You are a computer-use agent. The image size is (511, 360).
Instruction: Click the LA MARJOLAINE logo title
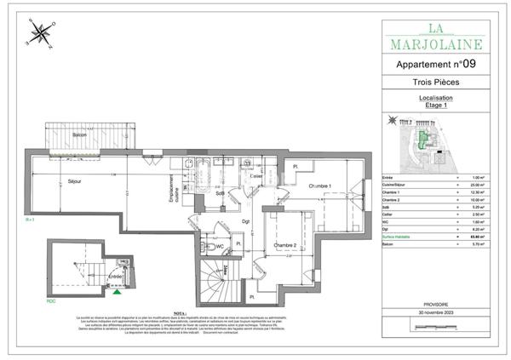point(435,36)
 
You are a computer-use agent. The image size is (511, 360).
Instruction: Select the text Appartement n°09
point(436,64)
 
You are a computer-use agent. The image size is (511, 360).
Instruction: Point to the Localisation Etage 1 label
point(435,102)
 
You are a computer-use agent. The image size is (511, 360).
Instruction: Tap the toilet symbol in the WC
point(211,247)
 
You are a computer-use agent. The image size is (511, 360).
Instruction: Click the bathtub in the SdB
point(206,173)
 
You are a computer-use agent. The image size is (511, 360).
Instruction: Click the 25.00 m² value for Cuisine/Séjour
point(478,185)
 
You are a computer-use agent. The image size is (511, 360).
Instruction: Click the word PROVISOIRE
point(436,304)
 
